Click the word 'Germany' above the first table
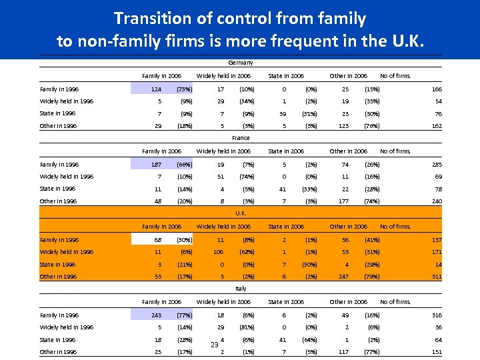click(241, 63)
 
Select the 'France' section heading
click(241, 138)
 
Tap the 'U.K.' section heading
click(241, 213)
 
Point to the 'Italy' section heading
click(241, 289)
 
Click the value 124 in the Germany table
click(156, 89)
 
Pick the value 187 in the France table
click(156, 164)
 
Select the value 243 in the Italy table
click(156, 315)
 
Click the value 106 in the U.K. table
click(217, 252)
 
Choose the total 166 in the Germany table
click(436, 89)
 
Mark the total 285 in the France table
click(436, 164)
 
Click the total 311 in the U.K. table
click(436, 277)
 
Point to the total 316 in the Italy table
click(436, 315)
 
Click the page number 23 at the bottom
click(214, 345)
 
